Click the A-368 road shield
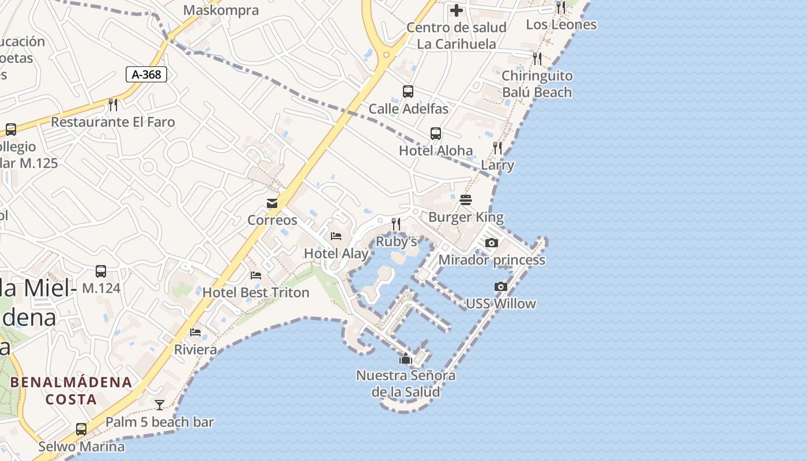146,74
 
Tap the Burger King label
466,217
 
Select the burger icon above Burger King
466,200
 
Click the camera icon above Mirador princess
491,243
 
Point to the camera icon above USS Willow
501,286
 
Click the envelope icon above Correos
272,203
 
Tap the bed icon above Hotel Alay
336,236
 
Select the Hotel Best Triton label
256,292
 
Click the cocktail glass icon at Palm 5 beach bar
160,405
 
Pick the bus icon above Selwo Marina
81,429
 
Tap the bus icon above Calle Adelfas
408,92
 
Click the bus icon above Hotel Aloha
436,134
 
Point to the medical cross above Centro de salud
457,10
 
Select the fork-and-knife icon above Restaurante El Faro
113,104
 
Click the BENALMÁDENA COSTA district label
71,390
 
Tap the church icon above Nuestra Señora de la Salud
406,359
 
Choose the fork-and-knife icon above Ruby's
396,224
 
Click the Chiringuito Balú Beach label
537,84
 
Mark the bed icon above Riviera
195,332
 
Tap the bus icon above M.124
101,271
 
